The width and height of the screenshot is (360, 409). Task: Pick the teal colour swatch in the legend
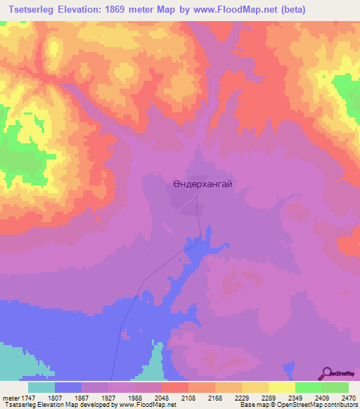point(41,387)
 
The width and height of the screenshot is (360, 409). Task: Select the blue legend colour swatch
point(68,387)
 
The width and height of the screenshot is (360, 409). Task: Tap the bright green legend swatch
point(309,387)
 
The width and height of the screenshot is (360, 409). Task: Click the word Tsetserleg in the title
point(34,10)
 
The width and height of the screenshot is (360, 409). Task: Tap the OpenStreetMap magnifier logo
point(328,372)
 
